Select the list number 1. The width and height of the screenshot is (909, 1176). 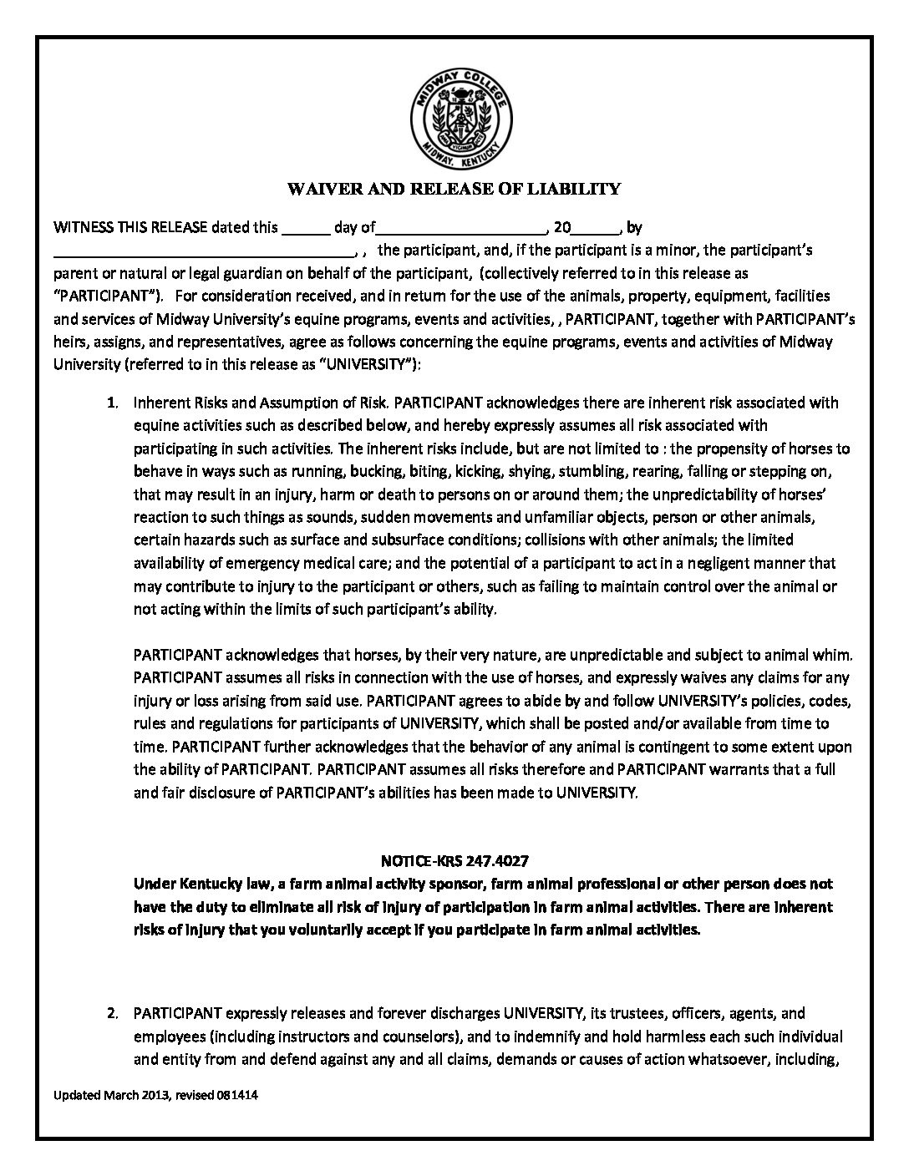pos(110,403)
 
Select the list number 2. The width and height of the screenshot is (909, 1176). pos(110,1014)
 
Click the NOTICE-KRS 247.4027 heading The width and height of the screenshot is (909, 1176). pos(454,860)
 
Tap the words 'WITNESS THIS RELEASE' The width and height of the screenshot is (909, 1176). pos(129,227)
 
